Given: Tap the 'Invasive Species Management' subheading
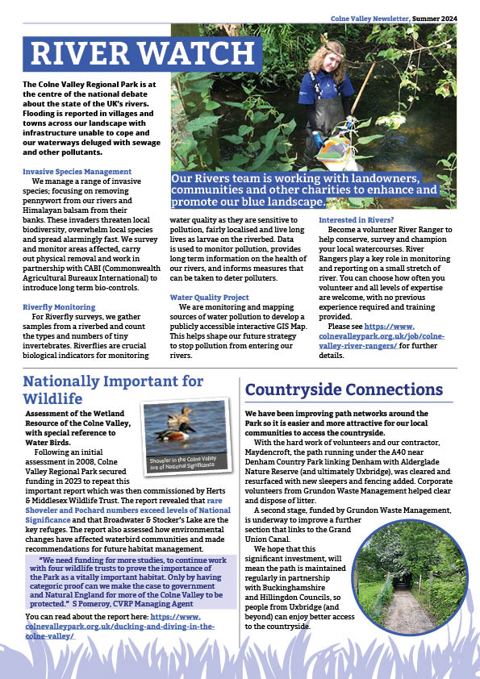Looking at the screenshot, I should click(77, 172).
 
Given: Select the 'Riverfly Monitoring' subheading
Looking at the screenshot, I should click(58, 306).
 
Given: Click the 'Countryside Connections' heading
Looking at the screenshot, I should click(344, 389).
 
